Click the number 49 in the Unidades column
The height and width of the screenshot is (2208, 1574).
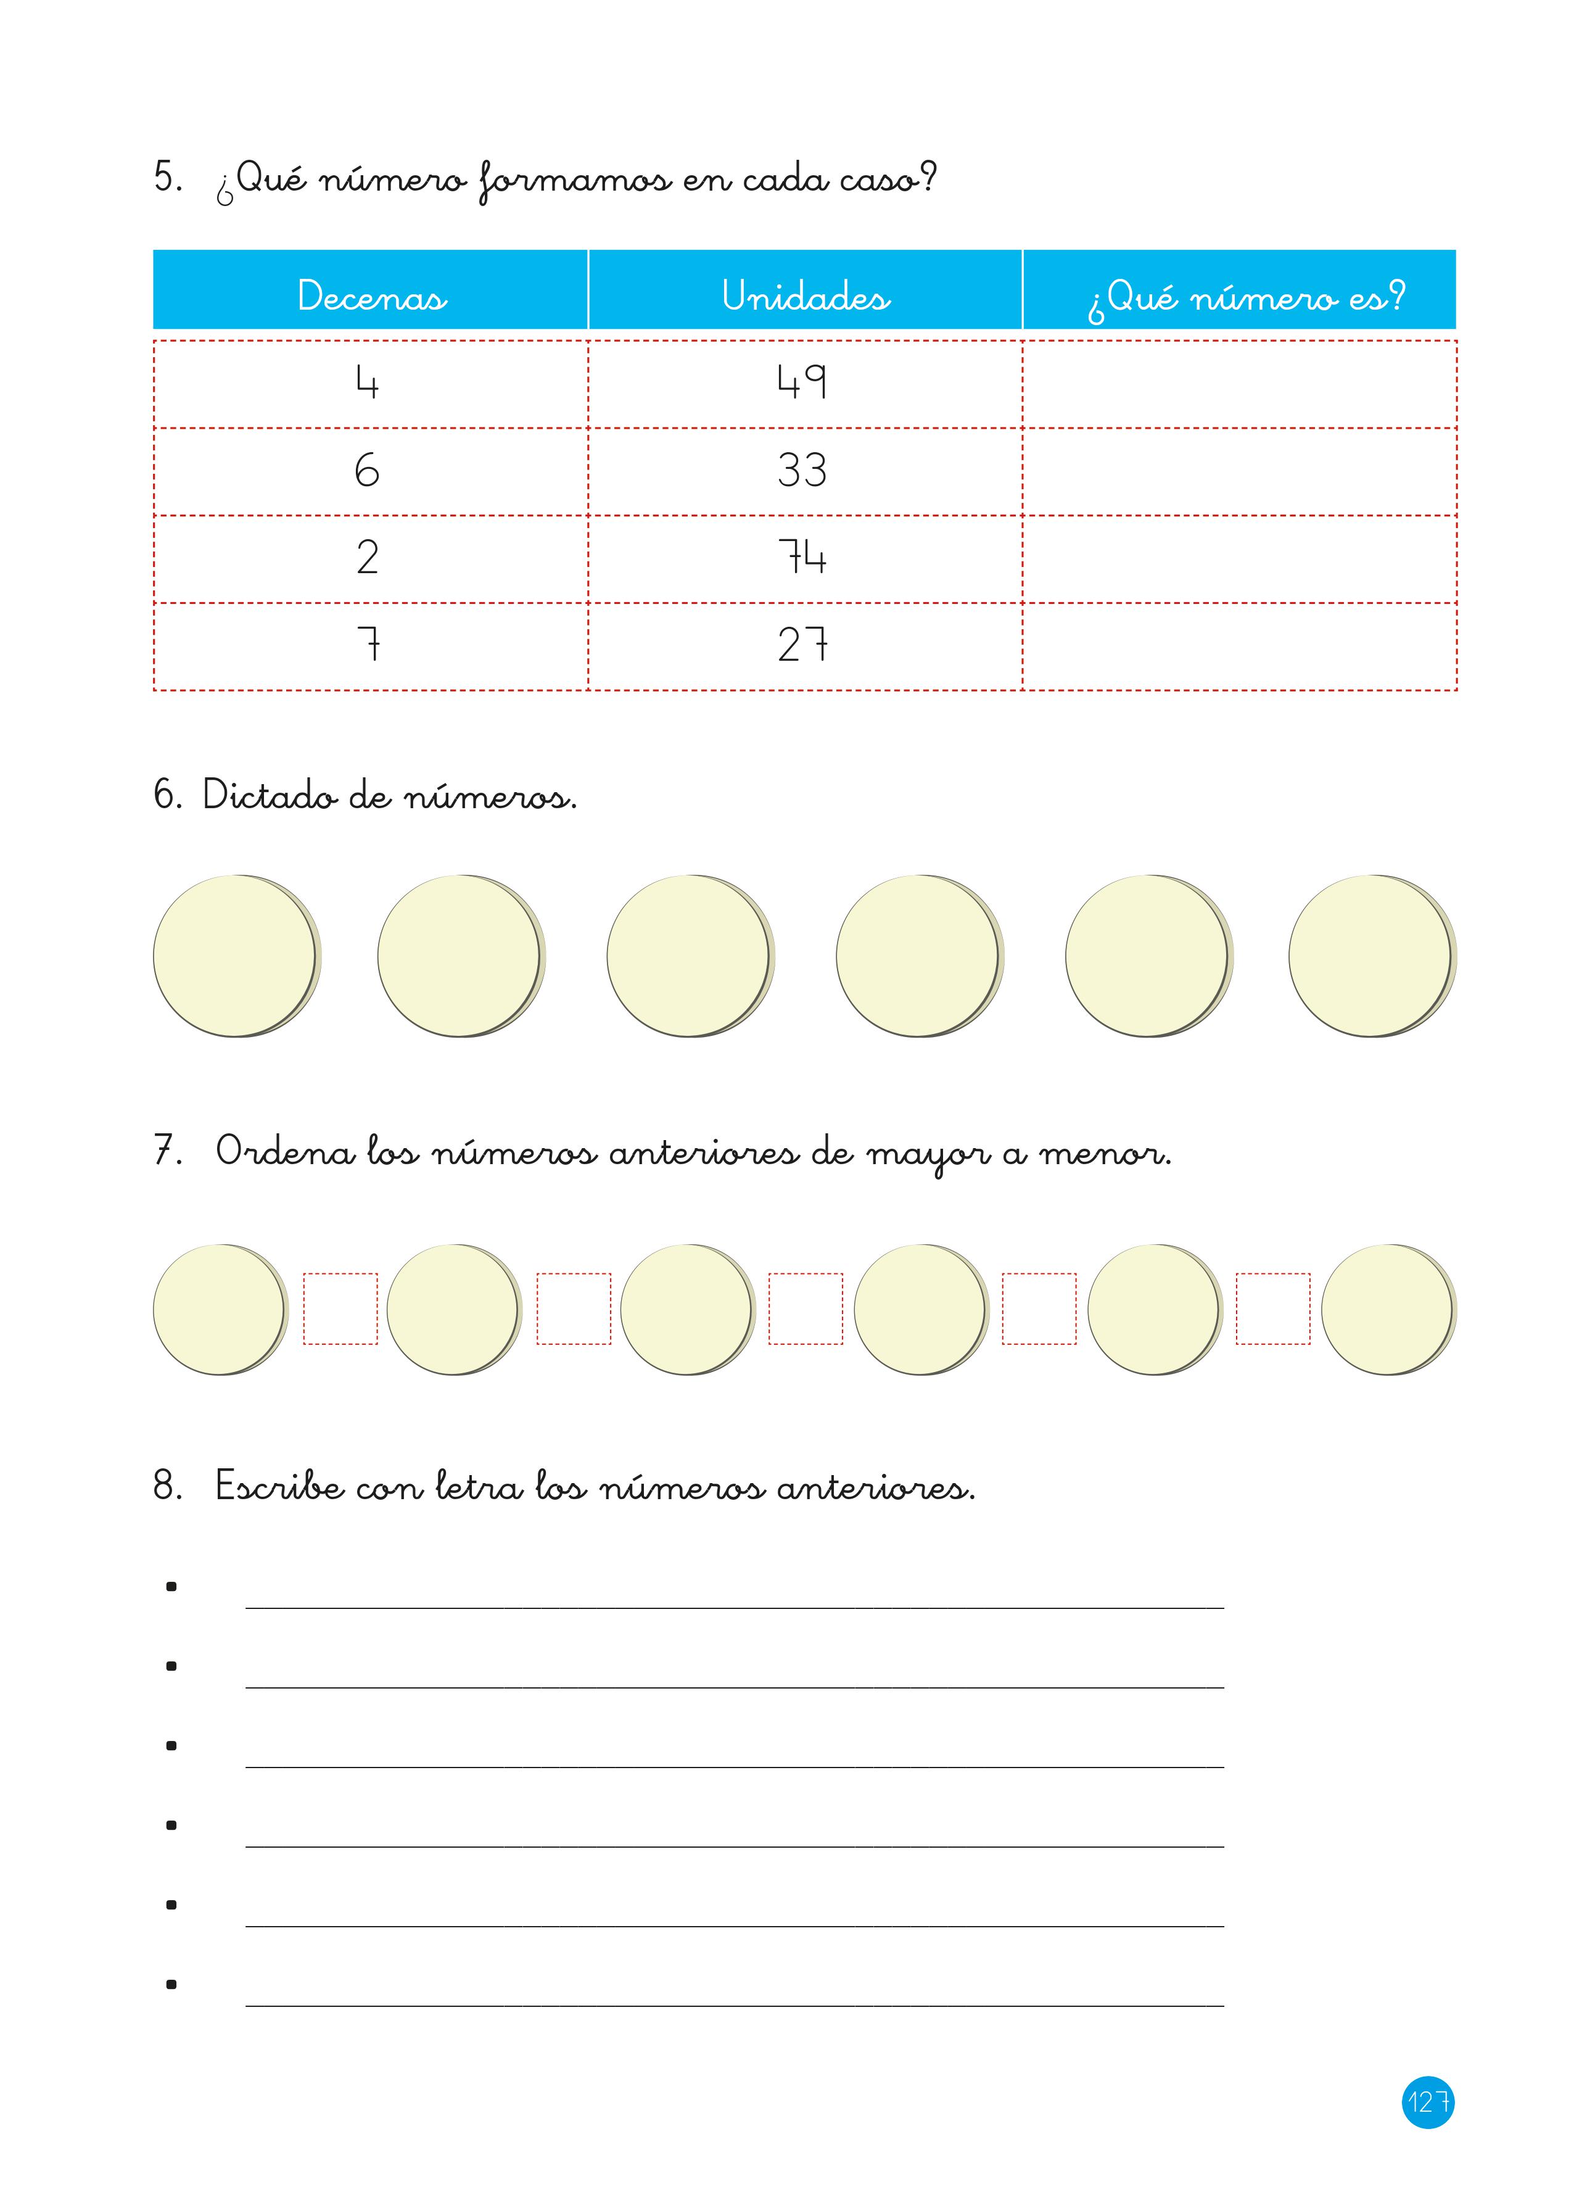(802, 382)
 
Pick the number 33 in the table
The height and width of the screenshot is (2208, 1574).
(802, 470)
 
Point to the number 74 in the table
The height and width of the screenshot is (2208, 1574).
(802, 557)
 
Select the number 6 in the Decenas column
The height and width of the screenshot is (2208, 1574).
(368, 470)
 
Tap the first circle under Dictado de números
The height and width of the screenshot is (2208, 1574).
(236, 956)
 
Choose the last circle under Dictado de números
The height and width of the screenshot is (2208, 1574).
(1370, 956)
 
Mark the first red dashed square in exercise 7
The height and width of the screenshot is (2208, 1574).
(340, 1309)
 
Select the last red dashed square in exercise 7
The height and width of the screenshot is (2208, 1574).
(1272, 1309)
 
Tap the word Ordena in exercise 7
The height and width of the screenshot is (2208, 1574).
(285, 1151)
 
